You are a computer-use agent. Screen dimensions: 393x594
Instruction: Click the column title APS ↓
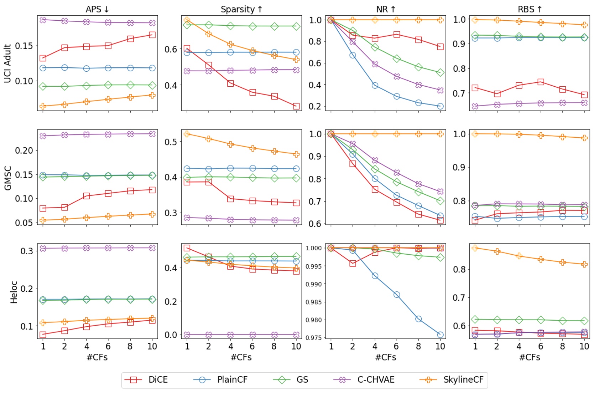[x=97, y=9]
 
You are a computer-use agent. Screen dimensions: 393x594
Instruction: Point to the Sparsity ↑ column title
[x=241, y=9]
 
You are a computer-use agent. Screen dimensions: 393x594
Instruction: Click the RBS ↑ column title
[x=530, y=9]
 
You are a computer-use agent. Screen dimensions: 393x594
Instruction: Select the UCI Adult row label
[x=7, y=63]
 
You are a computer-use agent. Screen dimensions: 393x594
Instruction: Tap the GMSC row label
[x=7, y=178]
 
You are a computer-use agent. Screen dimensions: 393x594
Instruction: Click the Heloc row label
[x=14, y=292]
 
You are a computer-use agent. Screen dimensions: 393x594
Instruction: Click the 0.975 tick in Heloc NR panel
[x=314, y=338]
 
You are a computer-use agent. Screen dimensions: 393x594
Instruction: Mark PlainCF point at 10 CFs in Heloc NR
[x=440, y=335]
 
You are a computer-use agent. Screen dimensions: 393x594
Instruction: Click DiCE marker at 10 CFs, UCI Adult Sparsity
[x=296, y=106]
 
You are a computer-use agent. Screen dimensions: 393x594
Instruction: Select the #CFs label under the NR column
[x=385, y=357]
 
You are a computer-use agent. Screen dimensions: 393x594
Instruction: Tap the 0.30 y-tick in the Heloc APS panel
[x=27, y=251]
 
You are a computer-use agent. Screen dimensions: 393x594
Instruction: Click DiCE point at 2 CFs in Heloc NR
[x=353, y=263]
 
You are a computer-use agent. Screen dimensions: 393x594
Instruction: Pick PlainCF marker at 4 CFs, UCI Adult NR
[x=375, y=85]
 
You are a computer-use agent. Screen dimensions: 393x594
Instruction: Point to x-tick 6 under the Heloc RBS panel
[x=540, y=346]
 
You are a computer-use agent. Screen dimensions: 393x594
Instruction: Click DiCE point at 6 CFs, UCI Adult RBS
[x=541, y=82]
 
